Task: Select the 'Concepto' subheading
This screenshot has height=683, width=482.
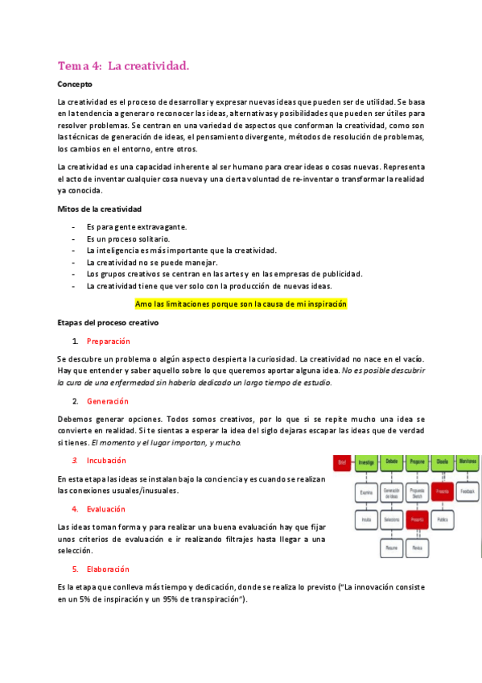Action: coord(75,84)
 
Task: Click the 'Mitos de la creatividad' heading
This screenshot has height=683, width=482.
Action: coord(99,209)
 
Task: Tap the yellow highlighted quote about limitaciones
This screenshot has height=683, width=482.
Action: coord(229,304)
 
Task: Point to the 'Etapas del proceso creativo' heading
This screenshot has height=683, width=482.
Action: coord(108,322)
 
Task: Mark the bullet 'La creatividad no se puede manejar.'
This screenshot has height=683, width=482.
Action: coord(141,263)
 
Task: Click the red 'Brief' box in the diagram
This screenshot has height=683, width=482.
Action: coord(341,462)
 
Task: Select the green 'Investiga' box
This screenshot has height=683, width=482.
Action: coord(366,462)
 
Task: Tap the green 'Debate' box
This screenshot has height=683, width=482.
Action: coord(392,462)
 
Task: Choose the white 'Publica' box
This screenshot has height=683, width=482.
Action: coord(442,520)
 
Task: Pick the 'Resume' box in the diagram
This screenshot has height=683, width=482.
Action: coord(392,547)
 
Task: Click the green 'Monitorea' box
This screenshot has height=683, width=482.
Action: coord(468,462)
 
